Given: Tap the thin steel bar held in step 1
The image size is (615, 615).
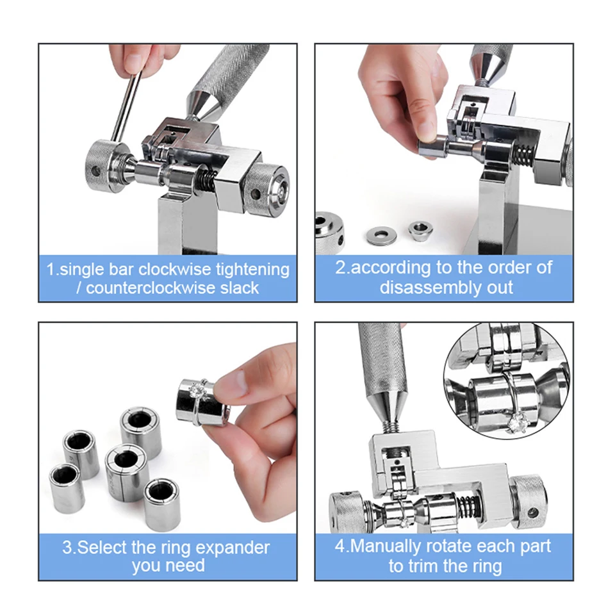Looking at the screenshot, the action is (x=127, y=105).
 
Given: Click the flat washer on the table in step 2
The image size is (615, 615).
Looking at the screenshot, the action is (x=381, y=235).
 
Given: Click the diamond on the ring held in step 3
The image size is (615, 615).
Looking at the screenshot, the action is (x=197, y=391).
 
